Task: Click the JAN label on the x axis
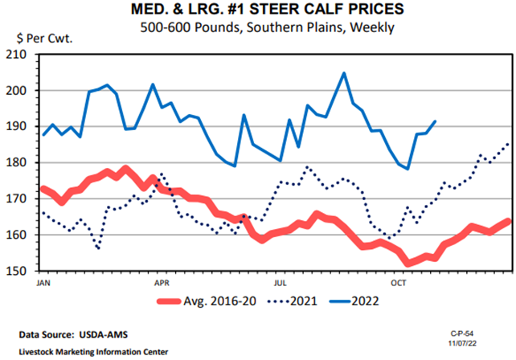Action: [45, 283]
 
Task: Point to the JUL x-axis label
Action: [281, 283]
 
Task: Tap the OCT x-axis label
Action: [398, 283]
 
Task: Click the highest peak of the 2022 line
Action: [344, 73]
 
